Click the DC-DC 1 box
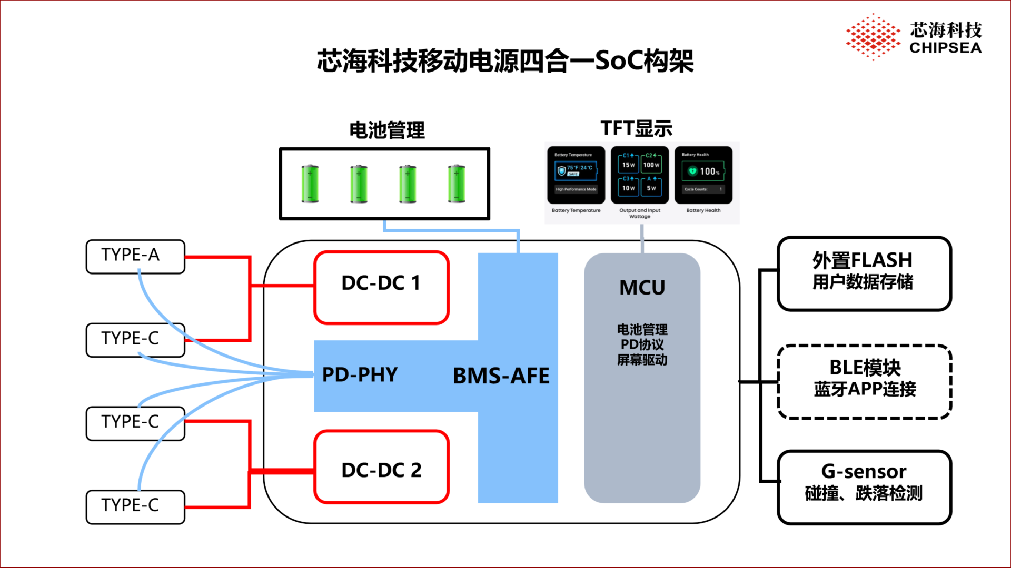tap(381, 287)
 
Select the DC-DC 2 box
tap(381, 467)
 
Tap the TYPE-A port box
tap(135, 257)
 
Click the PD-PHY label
tap(360, 375)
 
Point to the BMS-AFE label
tap(501, 376)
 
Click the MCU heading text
tap(642, 288)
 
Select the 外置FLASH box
tap(864, 273)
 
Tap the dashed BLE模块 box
tap(864, 381)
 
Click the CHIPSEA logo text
tap(945, 48)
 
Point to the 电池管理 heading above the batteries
tap(387, 130)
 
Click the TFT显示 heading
tap(636, 128)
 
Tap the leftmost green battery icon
tap(310, 184)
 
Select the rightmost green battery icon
tap(457, 184)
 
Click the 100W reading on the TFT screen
tap(651, 165)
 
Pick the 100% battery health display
tap(703, 171)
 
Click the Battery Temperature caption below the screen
tap(576, 210)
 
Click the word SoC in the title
tap(619, 61)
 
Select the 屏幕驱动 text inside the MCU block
tap(642, 360)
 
